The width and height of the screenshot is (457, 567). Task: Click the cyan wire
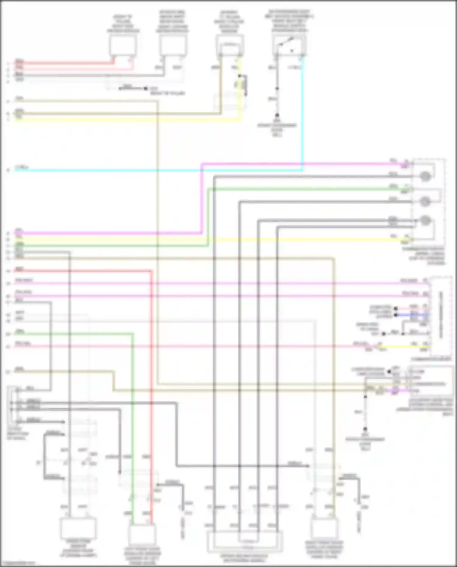tap(152, 170)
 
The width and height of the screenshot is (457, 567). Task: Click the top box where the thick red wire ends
tap(122, 45)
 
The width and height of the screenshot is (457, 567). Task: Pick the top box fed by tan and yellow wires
tap(230, 46)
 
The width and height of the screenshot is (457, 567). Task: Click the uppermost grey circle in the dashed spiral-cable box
tap(425, 176)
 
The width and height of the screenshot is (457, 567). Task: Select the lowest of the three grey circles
tap(425, 220)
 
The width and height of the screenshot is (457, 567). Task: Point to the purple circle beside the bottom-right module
tap(395, 390)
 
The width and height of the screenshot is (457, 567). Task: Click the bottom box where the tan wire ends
tap(324, 529)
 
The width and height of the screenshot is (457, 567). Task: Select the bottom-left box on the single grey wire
tap(78, 528)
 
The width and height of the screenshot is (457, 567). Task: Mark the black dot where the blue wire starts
tap(396, 315)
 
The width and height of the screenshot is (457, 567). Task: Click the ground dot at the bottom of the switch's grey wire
tap(277, 115)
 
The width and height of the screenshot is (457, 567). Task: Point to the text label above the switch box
tap(289, 21)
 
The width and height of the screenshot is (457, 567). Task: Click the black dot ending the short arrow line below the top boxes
tap(146, 89)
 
